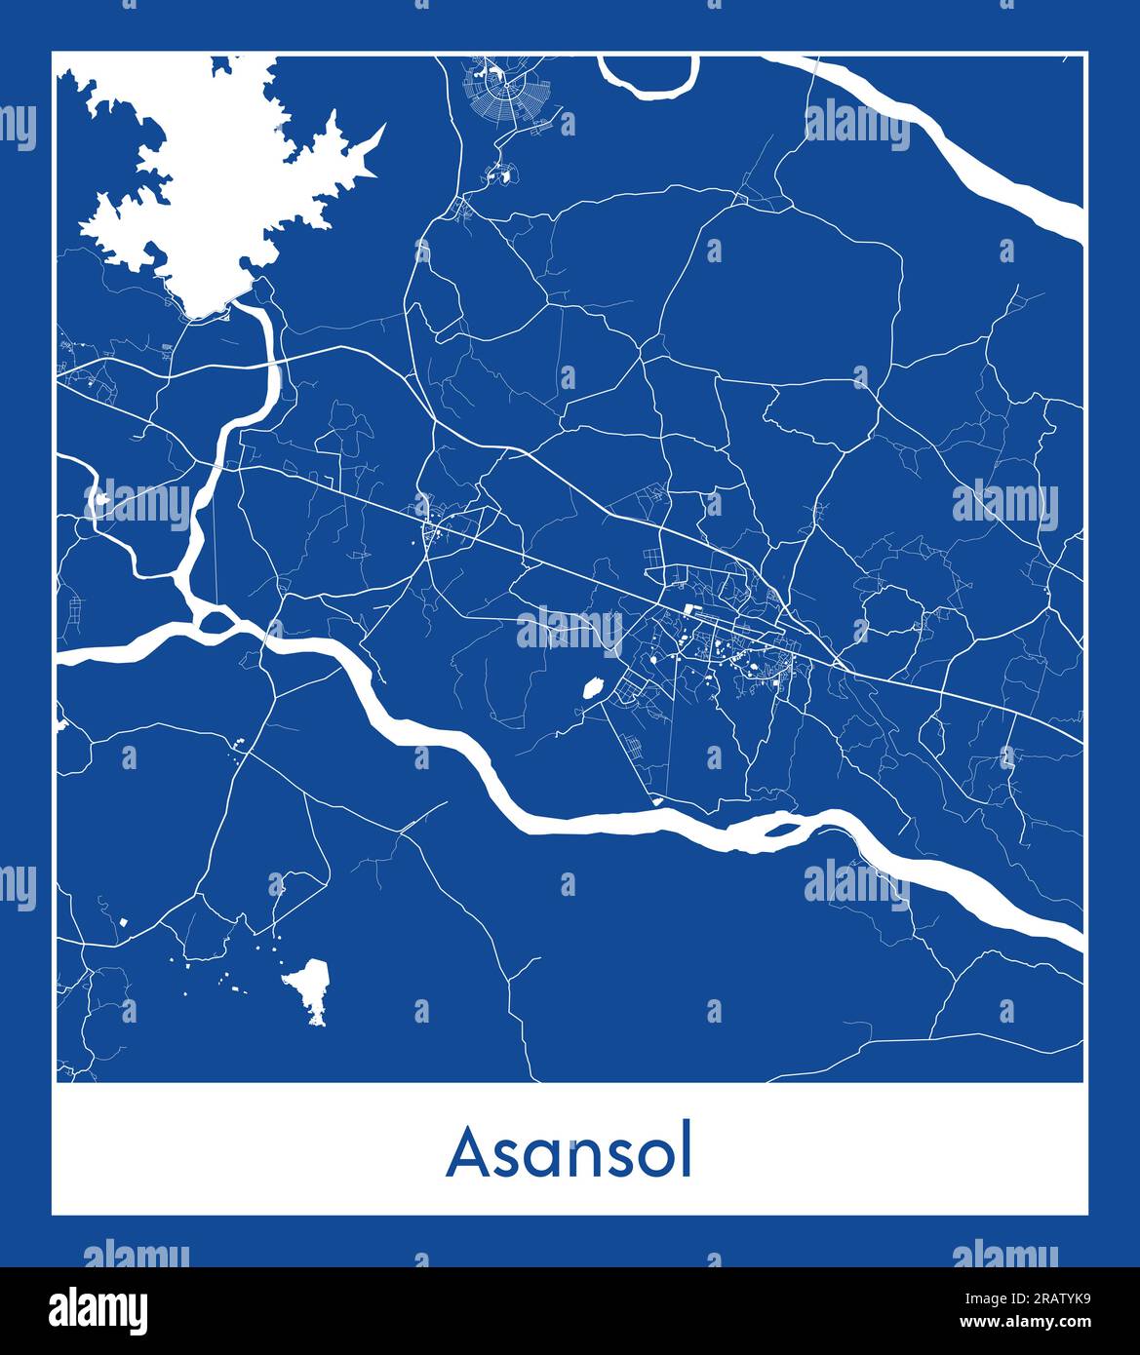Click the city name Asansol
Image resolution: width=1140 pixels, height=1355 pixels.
pyautogui.click(x=570, y=1152)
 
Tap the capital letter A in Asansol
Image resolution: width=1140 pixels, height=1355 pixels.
pyautogui.click(x=467, y=1153)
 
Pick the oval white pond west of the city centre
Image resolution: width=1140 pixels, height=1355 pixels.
pyautogui.click(x=590, y=688)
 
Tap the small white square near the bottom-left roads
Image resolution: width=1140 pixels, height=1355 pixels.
pyautogui.click(x=124, y=921)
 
